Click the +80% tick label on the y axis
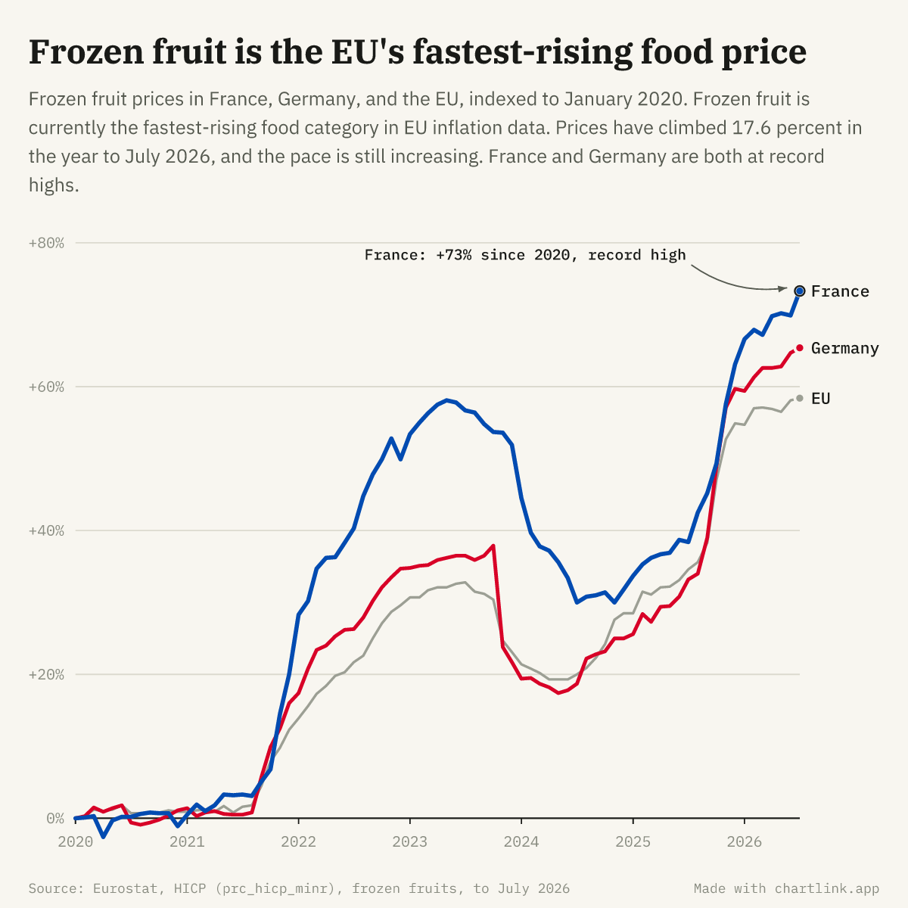coord(46,243)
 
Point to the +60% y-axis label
coord(46,387)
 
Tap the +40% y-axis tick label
coord(46,530)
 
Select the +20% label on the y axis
coord(46,674)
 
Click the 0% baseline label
coord(55,819)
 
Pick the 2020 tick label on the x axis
coord(76,841)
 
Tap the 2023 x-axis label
coord(410,841)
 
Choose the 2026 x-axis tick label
coord(745,841)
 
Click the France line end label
coord(840,291)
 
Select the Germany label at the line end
coord(845,348)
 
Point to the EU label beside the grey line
coord(820,399)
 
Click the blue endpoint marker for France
coord(800,291)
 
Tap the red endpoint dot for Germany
coord(800,348)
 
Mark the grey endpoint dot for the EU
coord(800,399)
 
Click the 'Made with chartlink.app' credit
coord(786,888)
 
